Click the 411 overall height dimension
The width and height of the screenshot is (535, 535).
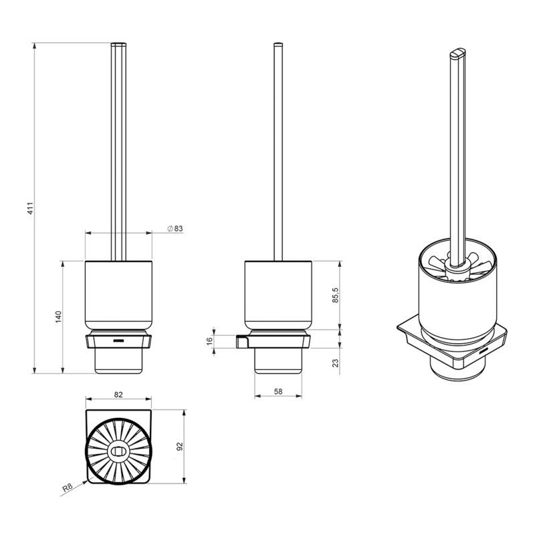pyautogui.click(x=31, y=208)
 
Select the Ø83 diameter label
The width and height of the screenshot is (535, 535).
pyautogui.click(x=175, y=229)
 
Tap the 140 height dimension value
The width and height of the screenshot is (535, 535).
pyautogui.click(x=58, y=317)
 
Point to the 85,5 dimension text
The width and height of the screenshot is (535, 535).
pyautogui.click(x=336, y=295)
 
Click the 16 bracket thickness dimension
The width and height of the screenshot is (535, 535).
pyautogui.click(x=210, y=340)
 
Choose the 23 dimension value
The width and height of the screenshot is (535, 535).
pyautogui.click(x=336, y=362)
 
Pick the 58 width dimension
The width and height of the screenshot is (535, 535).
pyautogui.click(x=278, y=391)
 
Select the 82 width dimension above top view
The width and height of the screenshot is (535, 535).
pyautogui.click(x=118, y=395)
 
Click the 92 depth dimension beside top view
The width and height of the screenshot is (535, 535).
pyautogui.click(x=180, y=446)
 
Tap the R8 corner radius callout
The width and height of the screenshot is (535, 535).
pyautogui.click(x=68, y=488)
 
